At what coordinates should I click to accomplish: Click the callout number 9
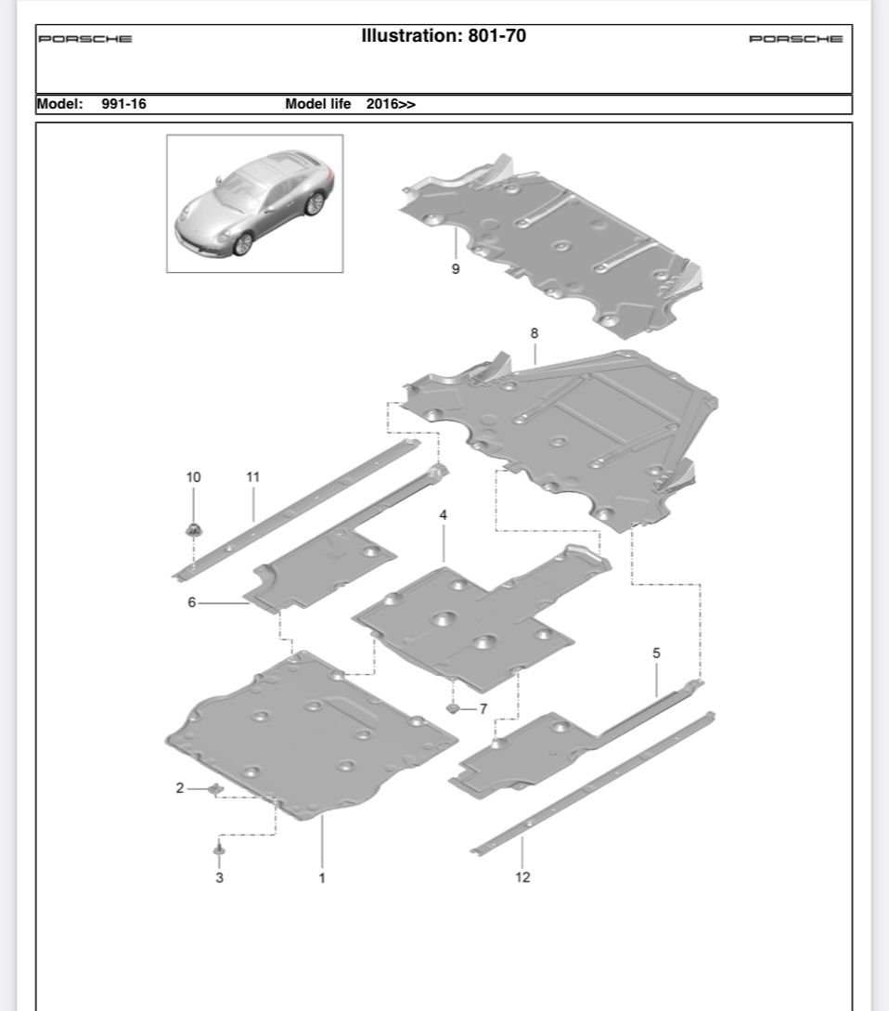tap(455, 270)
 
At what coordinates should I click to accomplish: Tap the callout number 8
tap(534, 332)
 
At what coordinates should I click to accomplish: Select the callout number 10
tap(193, 477)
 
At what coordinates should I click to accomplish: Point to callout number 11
tap(252, 477)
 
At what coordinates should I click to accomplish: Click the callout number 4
tap(444, 514)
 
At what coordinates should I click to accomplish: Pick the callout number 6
tap(192, 603)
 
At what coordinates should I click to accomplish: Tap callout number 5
tap(656, 654)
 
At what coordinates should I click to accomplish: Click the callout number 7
tap(483, 709)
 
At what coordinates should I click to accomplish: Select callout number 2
tap(180, 788)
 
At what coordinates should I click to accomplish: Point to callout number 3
tap(219, 877)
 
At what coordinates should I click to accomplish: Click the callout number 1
tap(322, 877)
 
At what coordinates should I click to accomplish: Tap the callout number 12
tap(522, 877)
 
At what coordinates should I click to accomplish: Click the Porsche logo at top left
tap(85, 39)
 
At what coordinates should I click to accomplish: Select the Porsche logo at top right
tap(795, 39)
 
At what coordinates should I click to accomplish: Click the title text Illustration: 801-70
tap(444, 37)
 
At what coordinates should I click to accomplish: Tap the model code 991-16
tap(123, 104)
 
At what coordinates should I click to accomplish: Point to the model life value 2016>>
tap(391, 104)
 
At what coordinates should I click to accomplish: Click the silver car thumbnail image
tap(254, 203)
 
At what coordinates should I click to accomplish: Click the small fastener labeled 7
tap(452, 708)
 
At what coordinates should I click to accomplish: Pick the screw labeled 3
tap(219, 849)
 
